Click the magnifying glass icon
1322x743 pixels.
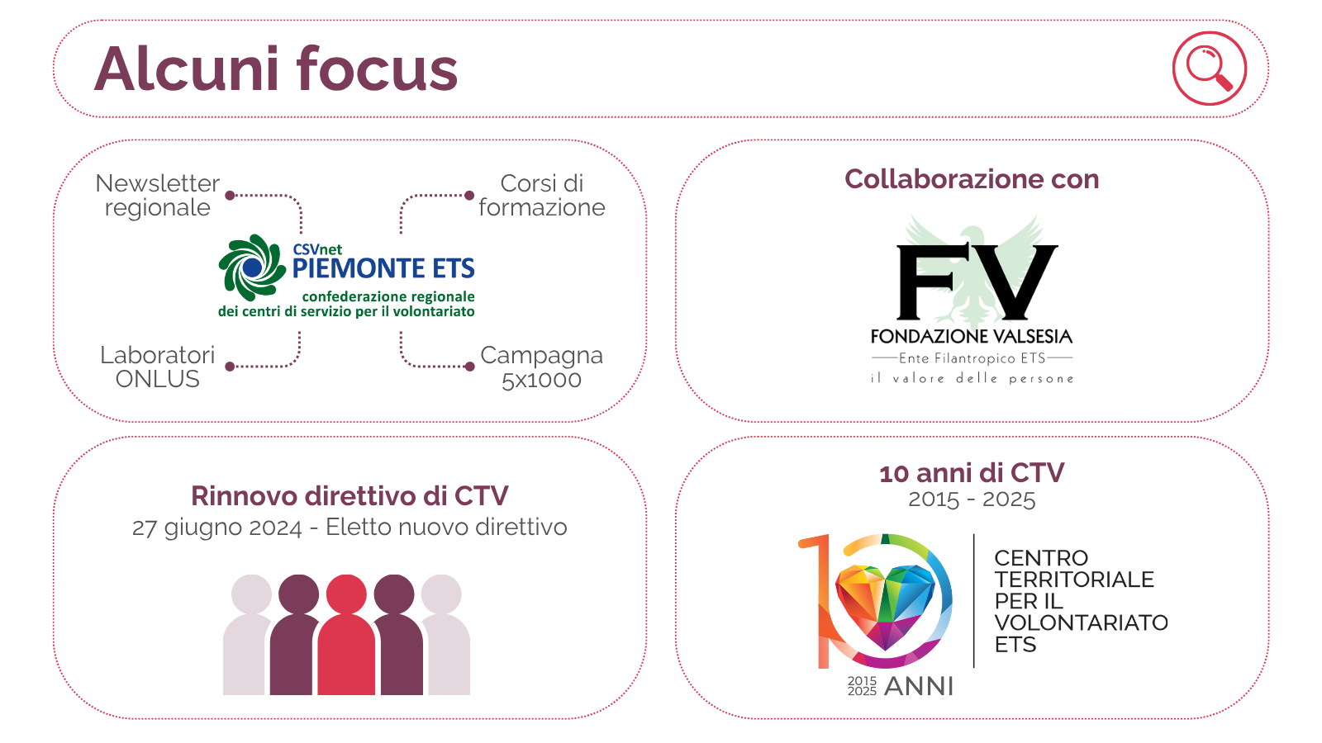(x=1209, y=68)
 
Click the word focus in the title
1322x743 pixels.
(x=377, y=69)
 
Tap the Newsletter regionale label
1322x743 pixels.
(x=157, y=195)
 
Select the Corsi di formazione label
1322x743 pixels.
(x=542, y=195)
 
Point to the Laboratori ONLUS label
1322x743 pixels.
(x=157, y=367)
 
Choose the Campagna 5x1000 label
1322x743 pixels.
(x=542, y=367)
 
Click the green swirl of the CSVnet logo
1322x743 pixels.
(x=251, y=267)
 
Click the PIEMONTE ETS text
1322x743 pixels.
(x=383, y=268)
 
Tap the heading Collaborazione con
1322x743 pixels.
(x=972, y=179)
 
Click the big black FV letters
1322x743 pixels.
(x=977, y=282)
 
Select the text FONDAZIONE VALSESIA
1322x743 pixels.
(x=972, y=336)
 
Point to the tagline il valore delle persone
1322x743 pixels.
(x=972, y=378)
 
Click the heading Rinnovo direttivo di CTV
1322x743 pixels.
(x=350, y=495)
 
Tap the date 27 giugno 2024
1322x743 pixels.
(x=216, y=528)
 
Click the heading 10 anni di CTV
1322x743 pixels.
(x=972, y=473)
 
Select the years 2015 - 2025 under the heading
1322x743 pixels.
(x=972, y=499)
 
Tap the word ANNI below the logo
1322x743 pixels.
(x=919, y=686)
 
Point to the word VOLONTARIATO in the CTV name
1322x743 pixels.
(x=1081, y=622)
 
